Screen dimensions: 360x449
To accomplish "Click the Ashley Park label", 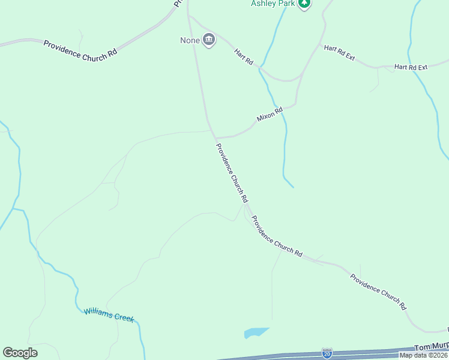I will coord(273,4).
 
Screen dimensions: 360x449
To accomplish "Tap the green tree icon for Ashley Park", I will coord(305,4).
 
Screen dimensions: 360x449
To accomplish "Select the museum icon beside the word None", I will coord(208,41).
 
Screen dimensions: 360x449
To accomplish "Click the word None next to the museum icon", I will coord(190,41).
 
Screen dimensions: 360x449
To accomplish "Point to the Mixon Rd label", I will coord(270,114).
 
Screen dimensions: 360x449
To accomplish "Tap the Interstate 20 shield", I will coord(327,354).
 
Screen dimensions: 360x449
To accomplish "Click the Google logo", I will coord(20,352).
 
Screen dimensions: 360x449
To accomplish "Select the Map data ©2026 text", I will coord(424,355).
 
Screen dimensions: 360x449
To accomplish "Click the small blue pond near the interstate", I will coord(256,332).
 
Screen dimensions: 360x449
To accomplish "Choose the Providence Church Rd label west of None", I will coord(80,49).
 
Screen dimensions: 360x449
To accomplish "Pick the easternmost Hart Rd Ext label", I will coord(411,67).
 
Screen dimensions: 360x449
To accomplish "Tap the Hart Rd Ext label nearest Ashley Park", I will coord(340,53).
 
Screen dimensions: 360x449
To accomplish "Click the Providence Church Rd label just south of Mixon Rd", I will coord(232,172).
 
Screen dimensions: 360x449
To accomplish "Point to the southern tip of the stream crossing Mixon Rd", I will coord(293,187).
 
